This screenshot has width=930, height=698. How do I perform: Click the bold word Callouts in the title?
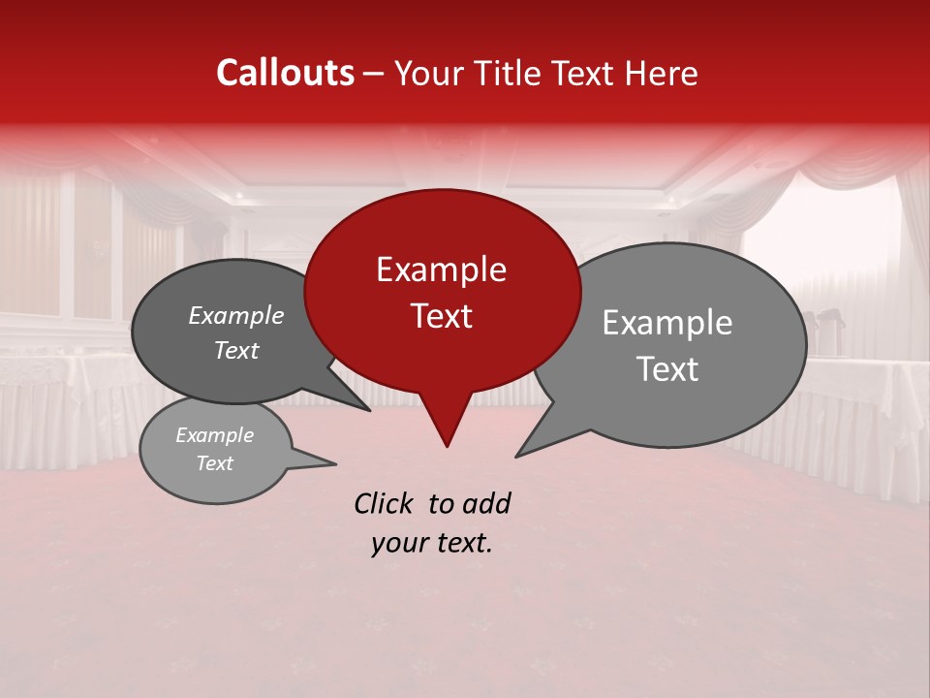pos(285,73)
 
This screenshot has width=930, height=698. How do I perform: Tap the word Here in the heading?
pos(663,73)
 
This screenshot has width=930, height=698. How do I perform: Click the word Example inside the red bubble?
pos(441,270)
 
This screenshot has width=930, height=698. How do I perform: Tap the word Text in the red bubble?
pos(441,316)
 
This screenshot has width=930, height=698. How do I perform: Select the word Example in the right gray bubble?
pos(667,323)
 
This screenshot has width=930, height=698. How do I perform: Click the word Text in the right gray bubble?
pos(667,369)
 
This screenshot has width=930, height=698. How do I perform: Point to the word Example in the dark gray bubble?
pos(235,315)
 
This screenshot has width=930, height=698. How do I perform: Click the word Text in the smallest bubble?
pos(214,463)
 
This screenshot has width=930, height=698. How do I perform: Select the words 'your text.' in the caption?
pos(432,544)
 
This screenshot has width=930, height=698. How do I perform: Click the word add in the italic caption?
pos(485,503)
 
